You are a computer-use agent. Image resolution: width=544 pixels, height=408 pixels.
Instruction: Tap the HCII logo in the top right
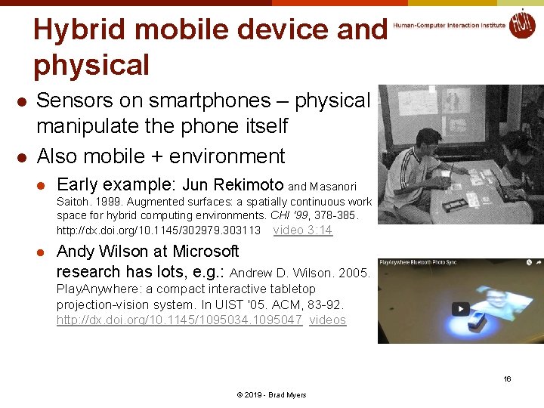pyautogui.click(x=521, y=23)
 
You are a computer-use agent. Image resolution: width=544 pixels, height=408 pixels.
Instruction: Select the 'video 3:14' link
pyautogui.click(x=302, y=230)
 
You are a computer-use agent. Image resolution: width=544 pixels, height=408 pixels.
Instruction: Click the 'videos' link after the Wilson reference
pyautogui.click(x=327, y=320)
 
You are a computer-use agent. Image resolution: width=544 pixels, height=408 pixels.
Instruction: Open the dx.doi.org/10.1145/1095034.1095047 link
pyautogui.click(x=179, y=320)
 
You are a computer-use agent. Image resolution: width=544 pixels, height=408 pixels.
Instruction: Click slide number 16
pyautogui.click(x=508, y=379)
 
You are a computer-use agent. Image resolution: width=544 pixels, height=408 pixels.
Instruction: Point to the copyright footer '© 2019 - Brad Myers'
pyautogui.click(x=272, y=395)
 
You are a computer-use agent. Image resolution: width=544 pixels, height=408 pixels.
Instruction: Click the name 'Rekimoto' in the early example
pyautogui.click(x=249, y=185)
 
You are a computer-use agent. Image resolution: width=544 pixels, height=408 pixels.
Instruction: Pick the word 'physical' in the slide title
pyautogui.click(x=91, y=65)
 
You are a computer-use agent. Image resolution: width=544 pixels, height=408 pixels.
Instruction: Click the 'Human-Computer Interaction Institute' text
pyautogui.click(x=449, y=25)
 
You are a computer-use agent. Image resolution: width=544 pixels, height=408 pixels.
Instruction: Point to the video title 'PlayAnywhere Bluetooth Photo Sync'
pyautogui.click(x=429, y=263)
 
